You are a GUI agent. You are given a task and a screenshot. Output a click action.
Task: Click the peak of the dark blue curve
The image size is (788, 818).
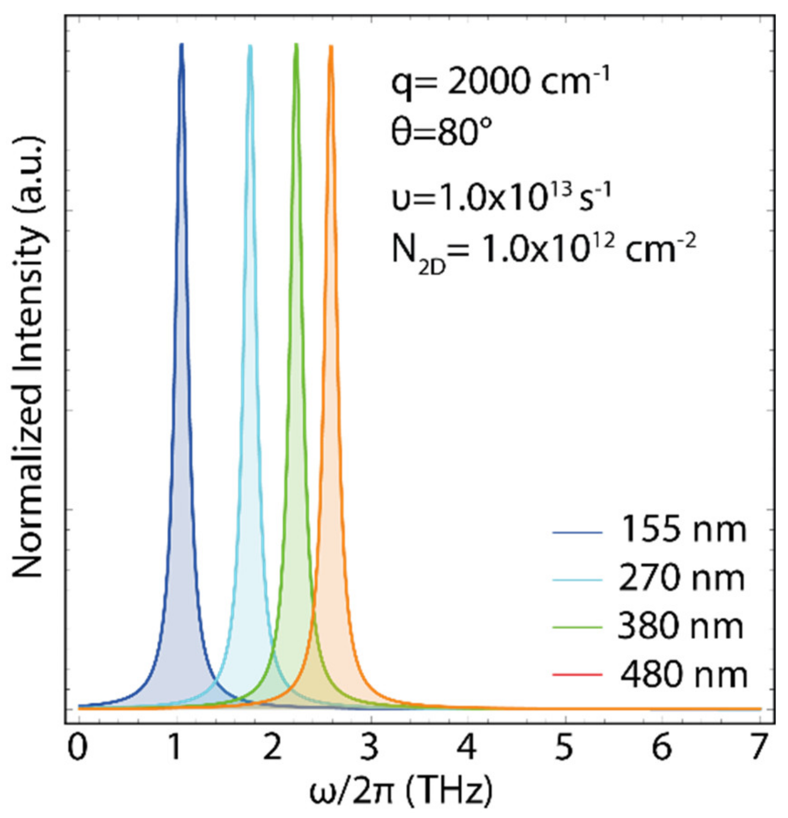(x=181, y=45)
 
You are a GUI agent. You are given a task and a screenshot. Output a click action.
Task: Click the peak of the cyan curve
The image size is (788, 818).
(x=250, y=46)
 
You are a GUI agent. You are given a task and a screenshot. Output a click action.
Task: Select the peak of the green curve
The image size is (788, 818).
(x=296, y=45)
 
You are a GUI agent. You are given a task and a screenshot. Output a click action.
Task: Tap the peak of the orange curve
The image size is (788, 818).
(x=331, y=47)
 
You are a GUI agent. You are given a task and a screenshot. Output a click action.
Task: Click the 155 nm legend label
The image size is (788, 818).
(x=683, y=530)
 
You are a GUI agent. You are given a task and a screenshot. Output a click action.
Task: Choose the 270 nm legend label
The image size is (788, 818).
(x=681, y=578)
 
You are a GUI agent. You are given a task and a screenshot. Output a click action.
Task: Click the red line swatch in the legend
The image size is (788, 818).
(x=577, y=675)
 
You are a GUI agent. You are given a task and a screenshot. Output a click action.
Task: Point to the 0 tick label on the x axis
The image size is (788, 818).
(x=78, y=749)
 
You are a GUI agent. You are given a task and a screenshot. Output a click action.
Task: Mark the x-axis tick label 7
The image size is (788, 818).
(x=759, y=749)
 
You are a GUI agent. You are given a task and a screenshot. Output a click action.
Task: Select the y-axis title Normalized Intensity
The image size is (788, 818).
(x=28, y=356)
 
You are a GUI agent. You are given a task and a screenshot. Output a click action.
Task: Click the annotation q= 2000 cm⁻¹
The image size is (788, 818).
(x=501, y=82)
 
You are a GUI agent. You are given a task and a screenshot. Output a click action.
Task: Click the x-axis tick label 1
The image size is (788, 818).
(x=175, y=749)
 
